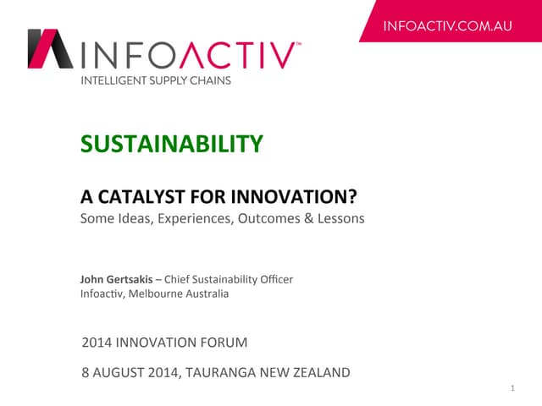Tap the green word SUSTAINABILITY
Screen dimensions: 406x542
point(171,144)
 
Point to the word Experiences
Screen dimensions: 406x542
point(189,218)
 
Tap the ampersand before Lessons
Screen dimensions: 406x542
point(302,218)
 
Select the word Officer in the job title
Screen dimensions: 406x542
point(274,279)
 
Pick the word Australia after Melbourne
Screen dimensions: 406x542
point(207,294)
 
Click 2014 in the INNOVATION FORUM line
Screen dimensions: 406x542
point(97,343)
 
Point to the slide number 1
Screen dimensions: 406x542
point(514,388)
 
